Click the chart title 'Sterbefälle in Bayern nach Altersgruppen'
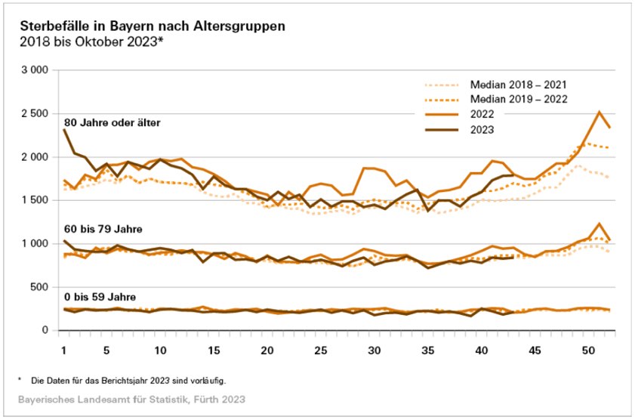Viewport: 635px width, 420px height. [153, 26]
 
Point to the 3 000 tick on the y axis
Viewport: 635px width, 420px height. [34, 70]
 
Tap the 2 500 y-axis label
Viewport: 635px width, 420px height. [34, 113]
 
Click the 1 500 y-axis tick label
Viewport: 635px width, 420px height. [34, 200]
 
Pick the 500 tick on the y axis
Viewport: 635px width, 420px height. [39, 287]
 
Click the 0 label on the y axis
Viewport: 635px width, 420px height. [45, 330]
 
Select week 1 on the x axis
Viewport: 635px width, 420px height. [64, 351]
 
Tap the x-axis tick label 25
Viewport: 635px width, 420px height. [321, 351]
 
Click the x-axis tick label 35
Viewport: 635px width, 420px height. [428, 351]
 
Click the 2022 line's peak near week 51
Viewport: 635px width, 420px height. [599, 112]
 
